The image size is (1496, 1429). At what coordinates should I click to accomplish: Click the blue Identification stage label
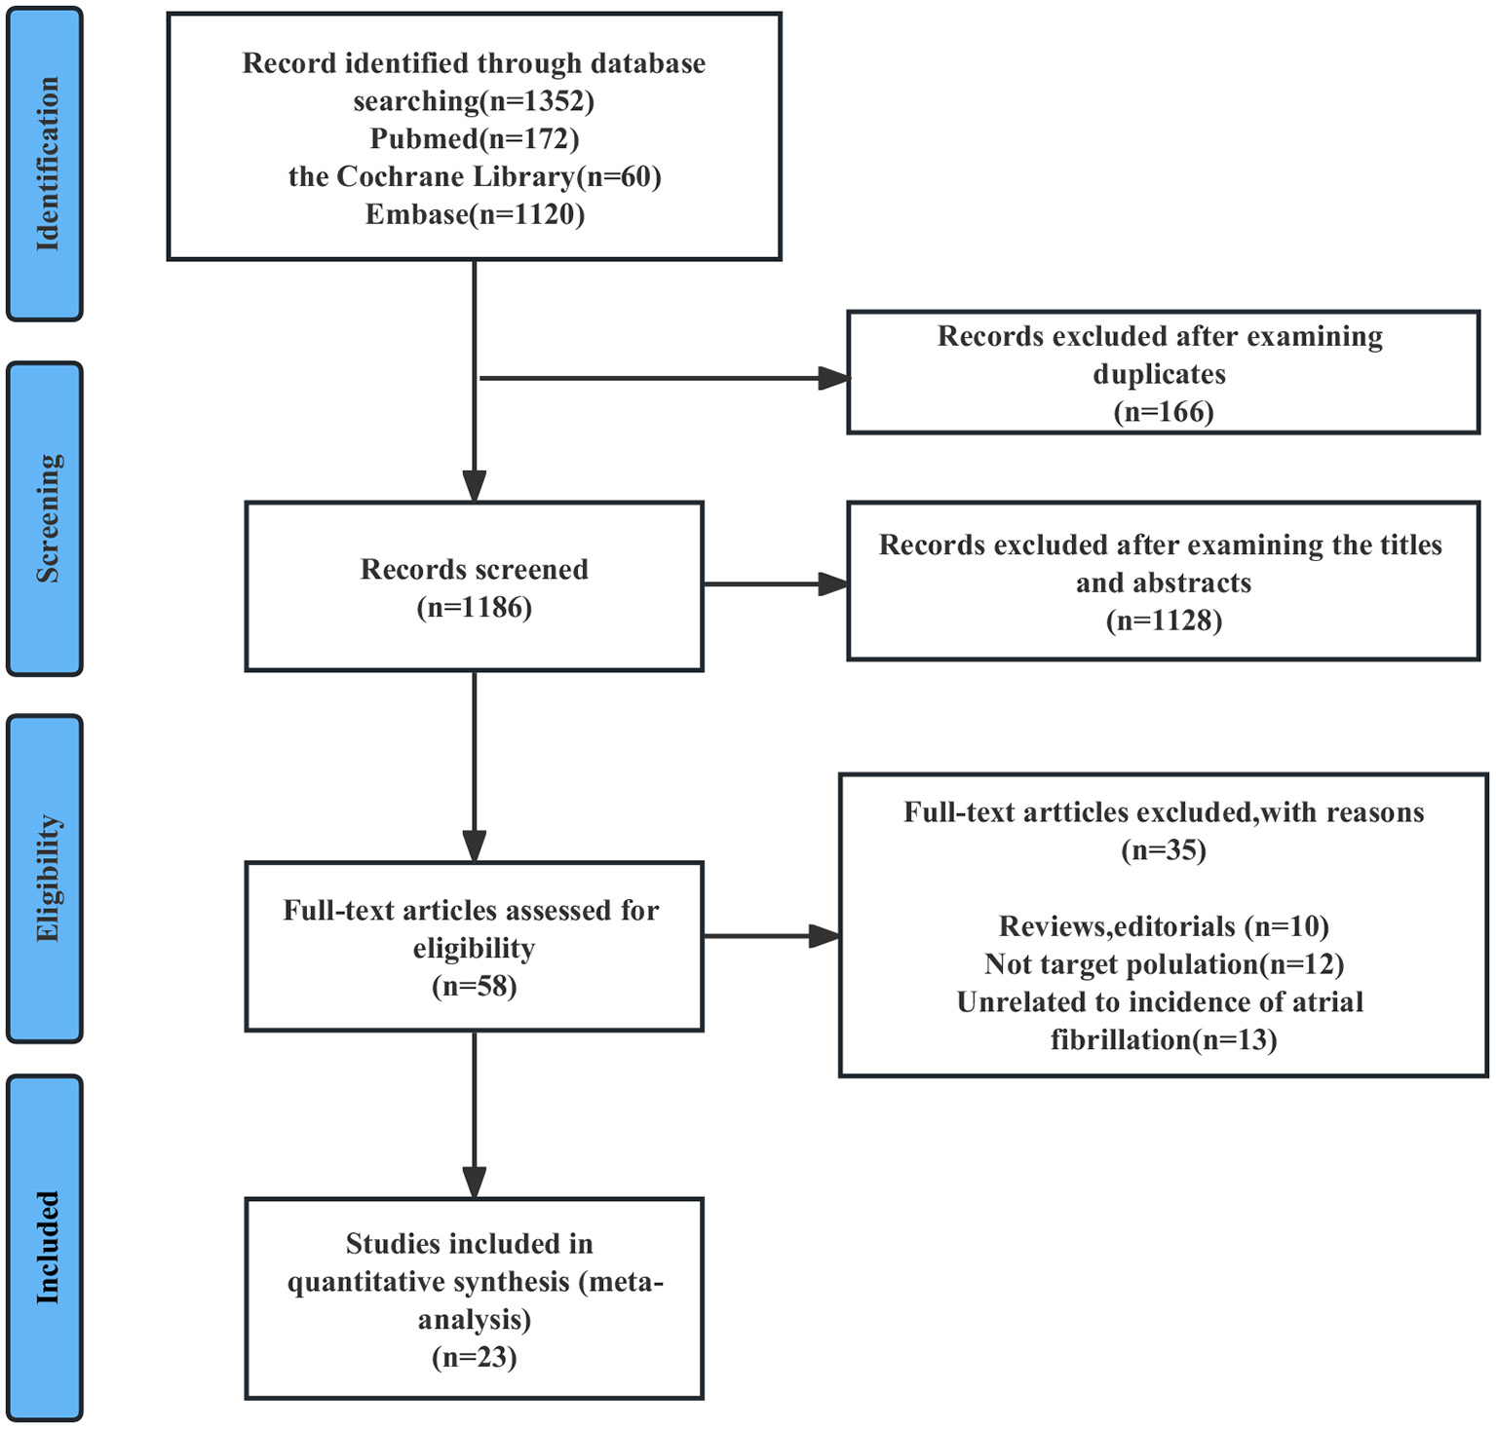coord(45,164)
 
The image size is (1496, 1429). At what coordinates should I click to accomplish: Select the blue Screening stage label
coord(45,518)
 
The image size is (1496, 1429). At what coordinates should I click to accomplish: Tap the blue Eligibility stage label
coord(45,879)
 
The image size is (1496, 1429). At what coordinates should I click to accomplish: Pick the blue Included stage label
coord(45,1247)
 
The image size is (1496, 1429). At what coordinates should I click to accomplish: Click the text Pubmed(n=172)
coord(474,139)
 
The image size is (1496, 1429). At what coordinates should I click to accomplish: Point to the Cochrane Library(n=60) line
coord(474,177)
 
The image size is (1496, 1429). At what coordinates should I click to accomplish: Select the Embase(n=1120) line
coord(474,214)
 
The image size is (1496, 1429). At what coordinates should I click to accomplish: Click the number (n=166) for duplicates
coord(1163,412)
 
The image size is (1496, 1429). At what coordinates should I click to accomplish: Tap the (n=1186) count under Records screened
coord(474,608)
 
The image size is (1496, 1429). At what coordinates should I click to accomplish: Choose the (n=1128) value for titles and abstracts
coord(1163,620)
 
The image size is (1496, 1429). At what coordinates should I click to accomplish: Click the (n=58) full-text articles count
coord(474,987)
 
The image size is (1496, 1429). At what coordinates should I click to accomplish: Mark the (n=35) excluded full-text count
coord(1163,850)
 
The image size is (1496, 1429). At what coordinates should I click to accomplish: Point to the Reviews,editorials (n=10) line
coord(1163,926)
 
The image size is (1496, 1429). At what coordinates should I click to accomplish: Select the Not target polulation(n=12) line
coord(1163,964)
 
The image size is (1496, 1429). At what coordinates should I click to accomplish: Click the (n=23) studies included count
coord(474,1357)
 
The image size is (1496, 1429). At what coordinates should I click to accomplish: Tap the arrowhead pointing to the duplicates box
coord(833,378)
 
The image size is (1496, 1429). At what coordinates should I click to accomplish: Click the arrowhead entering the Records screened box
coord(474,486)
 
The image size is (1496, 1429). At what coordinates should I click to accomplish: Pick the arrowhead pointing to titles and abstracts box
coord(833,584)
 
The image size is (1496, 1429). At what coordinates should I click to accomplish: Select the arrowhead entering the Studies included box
coord(474,1183)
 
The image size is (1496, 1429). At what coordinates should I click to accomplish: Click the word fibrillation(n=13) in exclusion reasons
coord(1163,1040)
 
